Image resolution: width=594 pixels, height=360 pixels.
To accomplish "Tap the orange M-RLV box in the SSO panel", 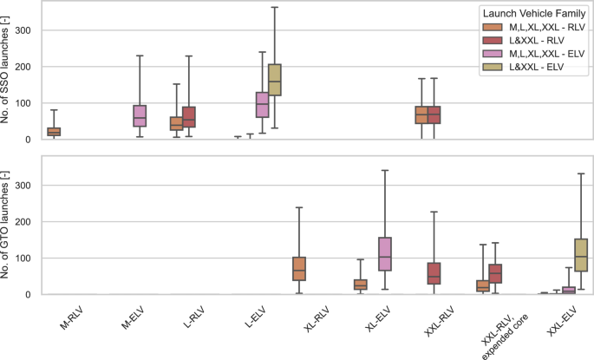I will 29,132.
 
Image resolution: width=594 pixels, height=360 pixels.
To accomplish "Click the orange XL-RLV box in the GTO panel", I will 299,268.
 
